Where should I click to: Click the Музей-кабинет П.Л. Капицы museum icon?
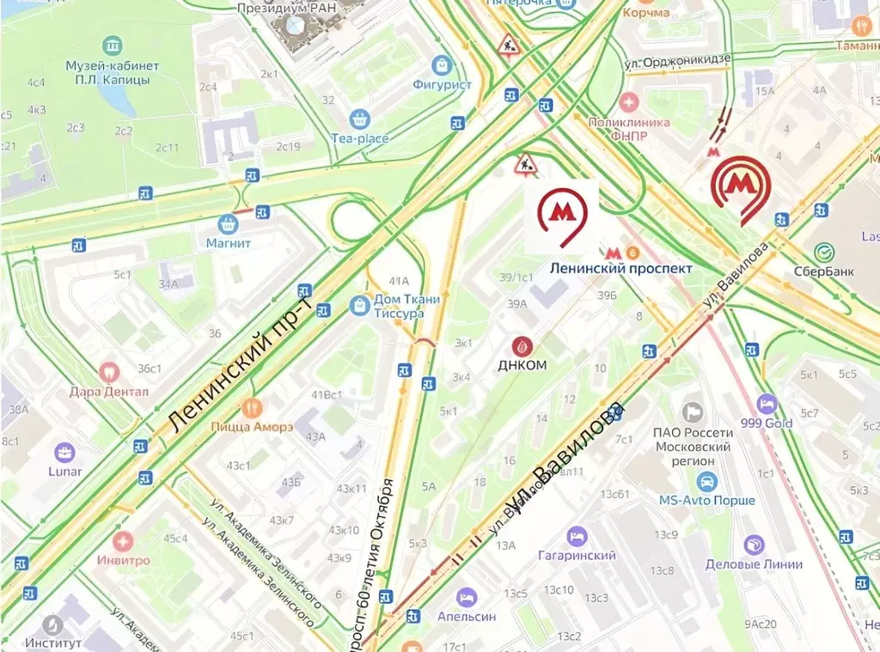[x=112, y=45]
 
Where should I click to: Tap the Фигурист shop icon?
[x=443, y=64]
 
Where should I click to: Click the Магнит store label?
[x=228, y=243]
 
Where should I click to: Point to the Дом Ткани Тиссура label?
[x=406, y=307]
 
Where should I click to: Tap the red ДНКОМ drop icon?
[x=522, y=345]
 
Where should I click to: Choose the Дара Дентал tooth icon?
[x=109, y=373]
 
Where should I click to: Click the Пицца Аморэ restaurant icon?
[x=252, y=407]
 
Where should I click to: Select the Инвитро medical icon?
[x=123, y=541]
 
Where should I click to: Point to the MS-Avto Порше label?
[x=706, y=500]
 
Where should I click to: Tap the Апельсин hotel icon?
[x=466, y=597]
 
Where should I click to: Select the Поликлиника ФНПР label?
[x=628, y=129]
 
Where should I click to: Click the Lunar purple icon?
[x=64, y=452]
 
